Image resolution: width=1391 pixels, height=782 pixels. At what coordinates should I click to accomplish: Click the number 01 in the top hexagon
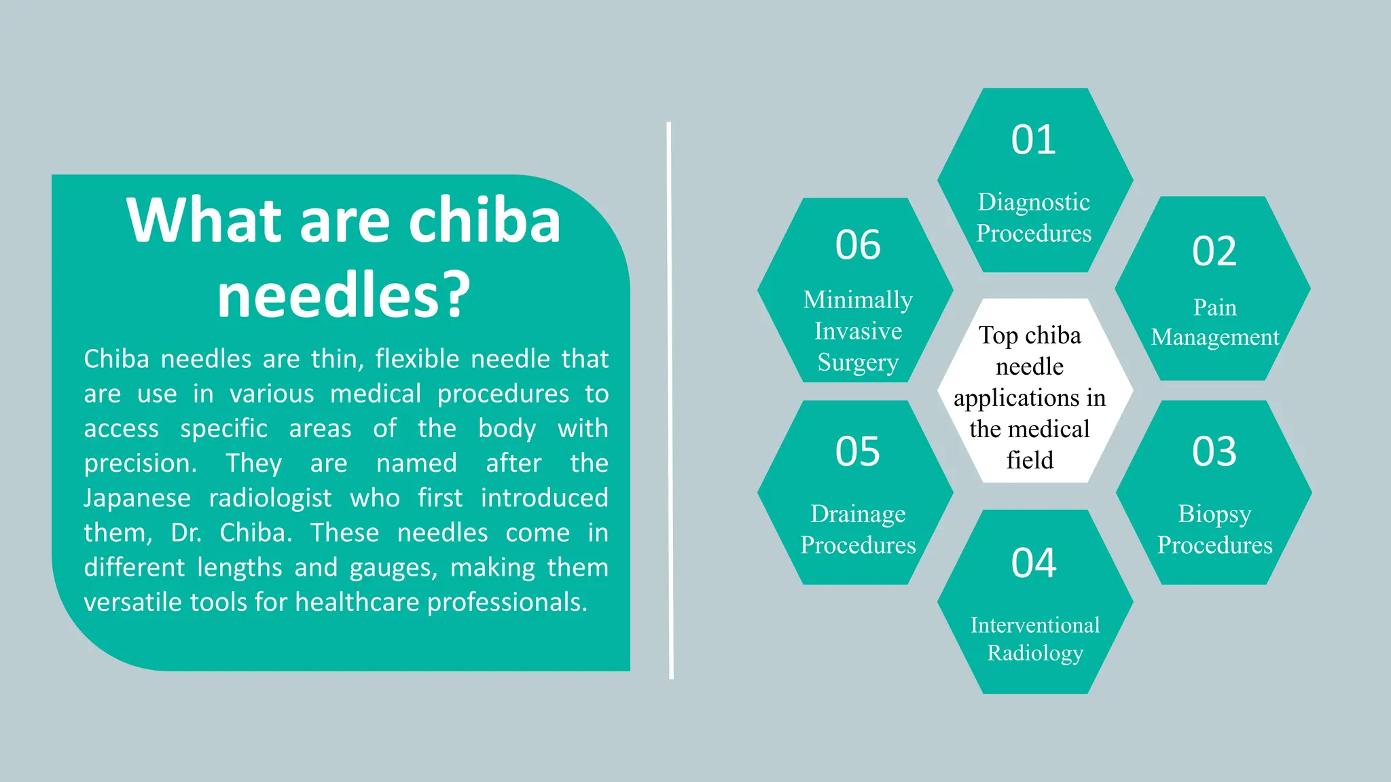click(x=1033, y=140)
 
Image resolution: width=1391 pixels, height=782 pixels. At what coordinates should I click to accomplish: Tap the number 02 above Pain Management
click(x=1214, y=251)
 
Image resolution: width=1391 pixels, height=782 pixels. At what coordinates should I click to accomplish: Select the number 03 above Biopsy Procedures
click(x=1214, y=451)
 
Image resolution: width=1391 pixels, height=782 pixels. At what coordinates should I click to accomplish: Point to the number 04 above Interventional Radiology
click(x=1033, y=563)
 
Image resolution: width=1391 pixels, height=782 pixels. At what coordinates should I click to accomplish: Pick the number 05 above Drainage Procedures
click(x=857, y=451)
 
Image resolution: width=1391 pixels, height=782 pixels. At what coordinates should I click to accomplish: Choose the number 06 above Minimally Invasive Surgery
click(x=857, y=245)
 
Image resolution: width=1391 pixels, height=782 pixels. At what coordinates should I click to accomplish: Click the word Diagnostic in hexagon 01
click(x=1033, y=202)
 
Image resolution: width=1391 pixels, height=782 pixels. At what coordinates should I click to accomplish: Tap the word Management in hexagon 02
click(x=1214, y=337)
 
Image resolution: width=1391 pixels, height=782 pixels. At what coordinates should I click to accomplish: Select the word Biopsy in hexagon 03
click(x=1214, y=515)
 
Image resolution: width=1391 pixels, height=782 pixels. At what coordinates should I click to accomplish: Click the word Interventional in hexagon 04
click(x=1034, y=625)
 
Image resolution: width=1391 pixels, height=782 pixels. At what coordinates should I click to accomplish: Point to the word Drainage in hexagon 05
click(x=857, y=515)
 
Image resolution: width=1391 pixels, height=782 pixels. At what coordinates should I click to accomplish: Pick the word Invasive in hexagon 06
click(x=857, y=331)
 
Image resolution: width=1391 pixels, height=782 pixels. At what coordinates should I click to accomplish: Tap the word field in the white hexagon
click(x=1030, y=460)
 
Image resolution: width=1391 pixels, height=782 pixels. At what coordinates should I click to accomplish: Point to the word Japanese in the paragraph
click(x=137, y=498)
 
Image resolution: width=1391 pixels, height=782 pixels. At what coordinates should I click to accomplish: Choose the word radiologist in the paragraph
click(x=270, y=498)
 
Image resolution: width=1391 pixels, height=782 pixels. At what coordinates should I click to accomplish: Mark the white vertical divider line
click(x=670, y=401)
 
